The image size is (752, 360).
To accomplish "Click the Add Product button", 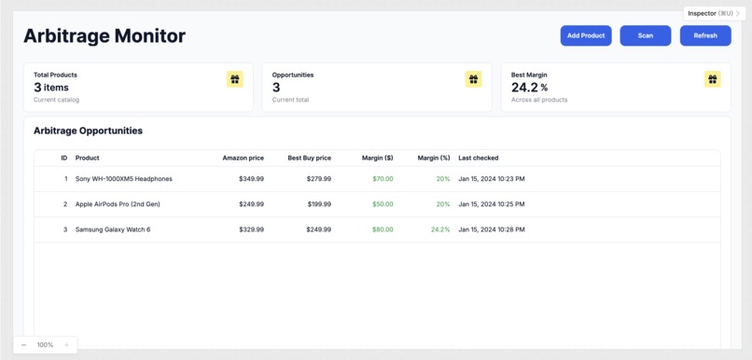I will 586,35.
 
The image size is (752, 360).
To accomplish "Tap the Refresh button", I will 705,35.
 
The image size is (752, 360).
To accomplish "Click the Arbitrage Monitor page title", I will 104,36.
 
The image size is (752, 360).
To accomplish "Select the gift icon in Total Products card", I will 235,79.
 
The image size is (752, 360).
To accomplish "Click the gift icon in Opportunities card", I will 474,79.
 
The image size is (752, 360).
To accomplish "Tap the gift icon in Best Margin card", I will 713,79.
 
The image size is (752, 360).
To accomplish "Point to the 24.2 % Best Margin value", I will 529,88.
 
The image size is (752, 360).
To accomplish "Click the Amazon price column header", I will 243,158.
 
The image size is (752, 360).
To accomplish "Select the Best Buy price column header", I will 309,158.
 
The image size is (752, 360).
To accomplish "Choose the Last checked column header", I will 478,158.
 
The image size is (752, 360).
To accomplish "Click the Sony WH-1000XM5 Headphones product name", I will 123,178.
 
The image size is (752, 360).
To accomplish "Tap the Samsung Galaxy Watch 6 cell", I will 112,229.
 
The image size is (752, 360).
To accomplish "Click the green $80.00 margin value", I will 383,229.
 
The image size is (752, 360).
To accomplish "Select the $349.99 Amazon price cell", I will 251,178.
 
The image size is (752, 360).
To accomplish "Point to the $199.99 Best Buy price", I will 318,203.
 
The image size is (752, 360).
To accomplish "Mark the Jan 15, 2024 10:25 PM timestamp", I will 491,203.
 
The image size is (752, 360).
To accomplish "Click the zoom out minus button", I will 24,345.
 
